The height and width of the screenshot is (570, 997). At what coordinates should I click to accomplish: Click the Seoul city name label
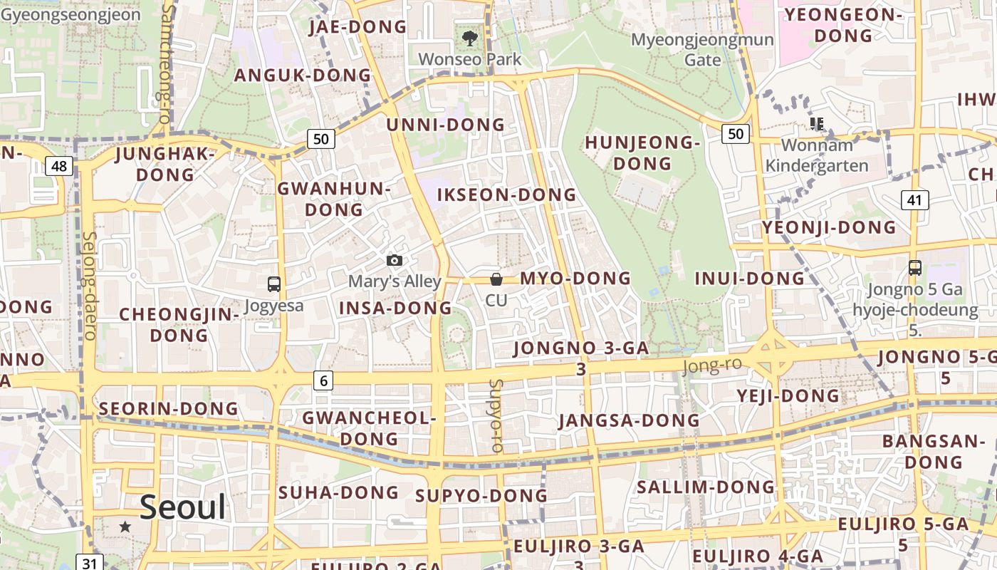coord(182,507)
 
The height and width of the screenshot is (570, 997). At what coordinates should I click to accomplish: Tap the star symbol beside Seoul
coord(125,527)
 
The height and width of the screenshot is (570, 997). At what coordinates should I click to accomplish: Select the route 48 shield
coord(58,166)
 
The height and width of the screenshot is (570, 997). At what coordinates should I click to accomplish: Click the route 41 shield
coord(914,200)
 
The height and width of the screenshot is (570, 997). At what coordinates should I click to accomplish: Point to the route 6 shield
coord(323,380)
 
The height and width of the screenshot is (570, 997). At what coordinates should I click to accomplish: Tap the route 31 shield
coord(89,563)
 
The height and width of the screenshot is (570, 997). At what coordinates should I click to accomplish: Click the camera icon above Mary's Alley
coord(395,261)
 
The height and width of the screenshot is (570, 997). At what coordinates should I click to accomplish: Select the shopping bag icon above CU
coord(496,279)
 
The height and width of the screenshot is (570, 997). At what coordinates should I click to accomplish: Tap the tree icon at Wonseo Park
coord(469,38)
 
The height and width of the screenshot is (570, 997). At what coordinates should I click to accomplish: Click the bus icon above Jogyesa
coord(274,284)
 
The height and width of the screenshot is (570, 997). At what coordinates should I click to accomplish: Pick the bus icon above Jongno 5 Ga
coord(915,268)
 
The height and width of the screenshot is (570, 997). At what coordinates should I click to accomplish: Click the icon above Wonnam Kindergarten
coord(817,124)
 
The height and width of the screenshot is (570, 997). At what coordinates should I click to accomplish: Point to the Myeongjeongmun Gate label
coord(702,49)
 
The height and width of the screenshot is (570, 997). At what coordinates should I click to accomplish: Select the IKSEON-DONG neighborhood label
coord(506,195)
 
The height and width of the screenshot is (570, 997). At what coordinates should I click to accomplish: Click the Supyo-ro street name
coord(496,415)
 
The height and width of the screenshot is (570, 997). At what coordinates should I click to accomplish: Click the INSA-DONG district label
coord(395,308)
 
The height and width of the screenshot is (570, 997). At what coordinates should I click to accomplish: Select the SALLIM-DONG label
coord(705,487)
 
